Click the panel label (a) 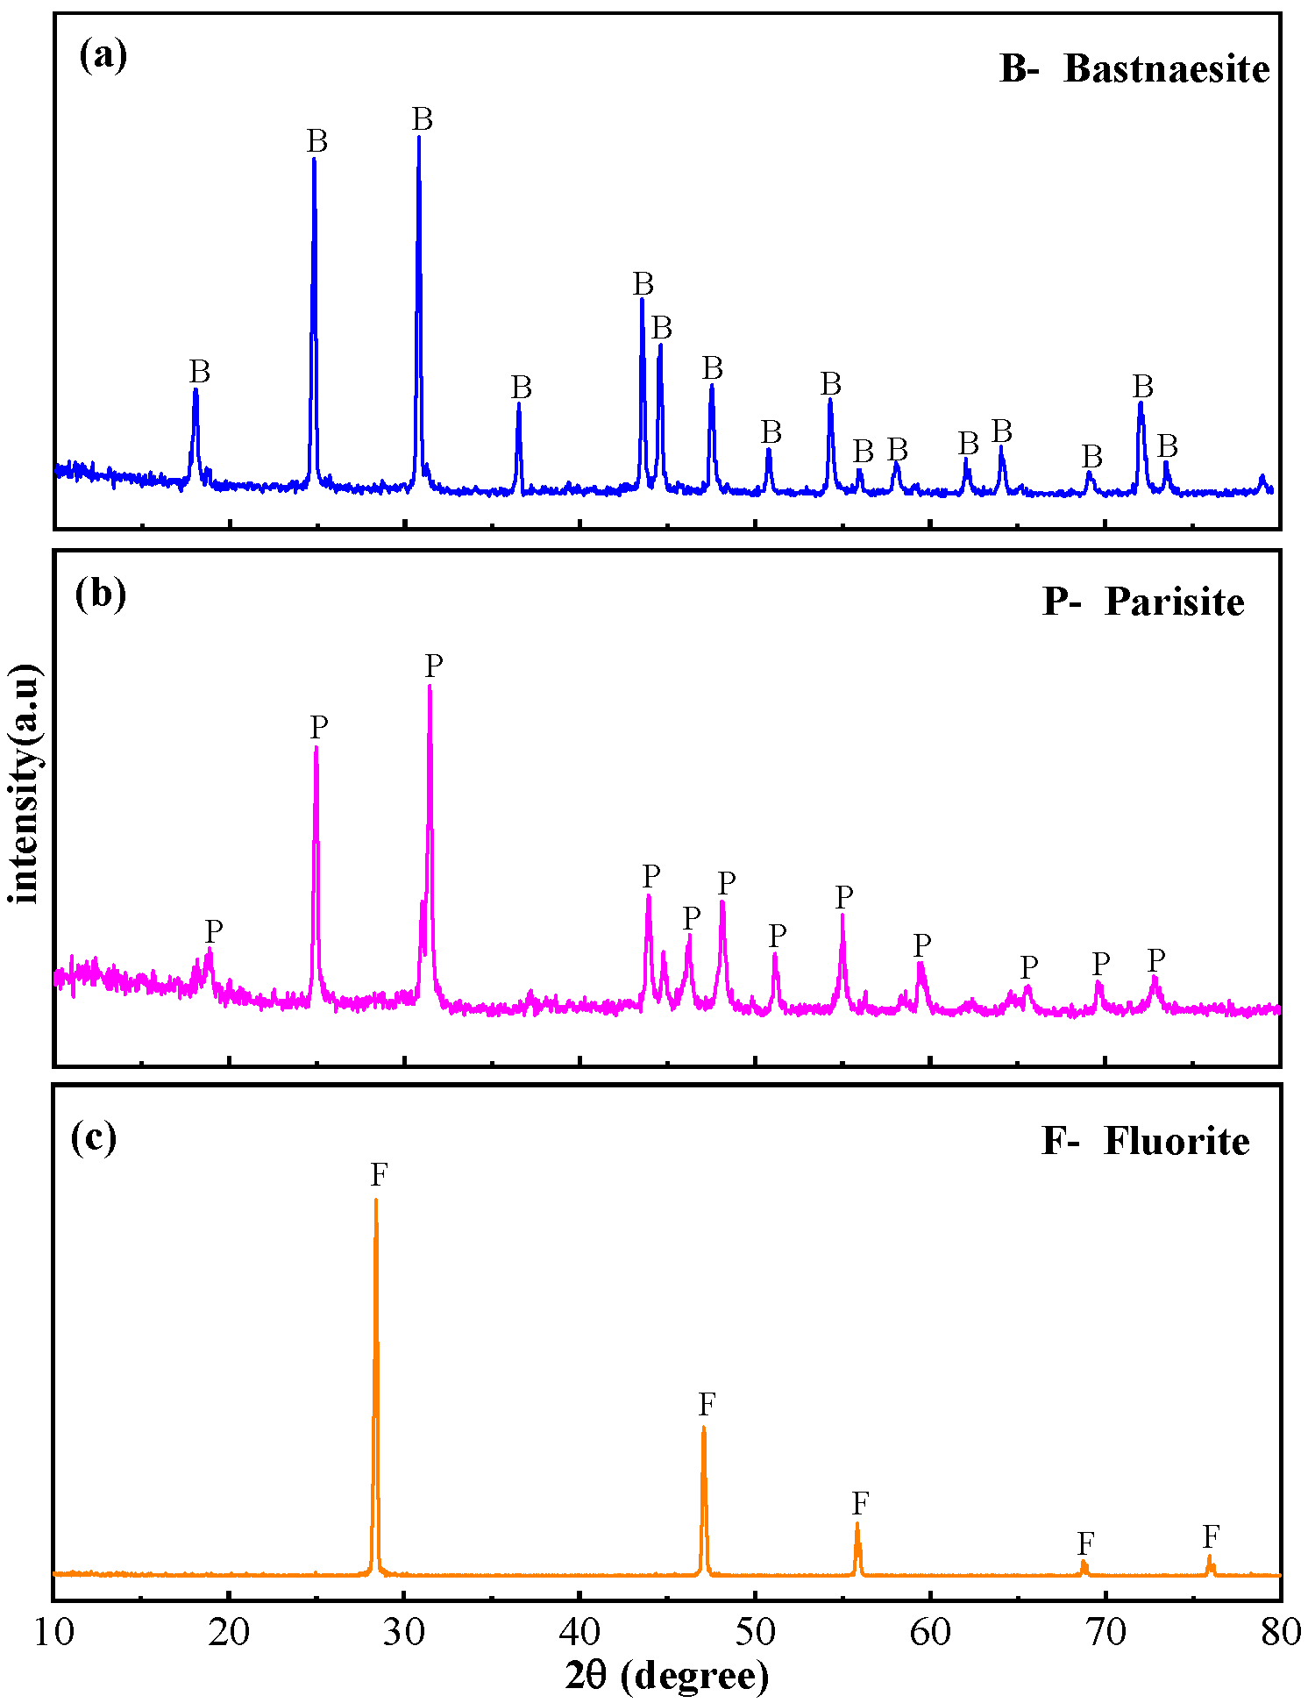click(x=103, y=56)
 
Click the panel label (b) click(x=100, y=594)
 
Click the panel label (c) click(x=93, y=1137)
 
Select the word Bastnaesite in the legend click(x=1166, y=69)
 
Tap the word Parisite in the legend click(x=1174, y=602)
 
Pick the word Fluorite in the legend click(x=1176, y=1142)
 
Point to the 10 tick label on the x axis click(x=54, y=1631)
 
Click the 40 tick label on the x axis click(x=579, y=1631)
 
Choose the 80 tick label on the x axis click(x=1280, y=1631)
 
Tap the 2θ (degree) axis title click(x=667, y=1676)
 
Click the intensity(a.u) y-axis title click(x=25, y=783)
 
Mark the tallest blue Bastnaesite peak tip click(x=419, y=138)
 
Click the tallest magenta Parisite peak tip click(x=430, y=687)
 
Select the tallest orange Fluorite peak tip click(x=376, y=1201)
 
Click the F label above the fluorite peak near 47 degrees click(x=707, y=1404)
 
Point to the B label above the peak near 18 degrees click(x=200, y=372)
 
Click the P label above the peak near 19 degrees click(x=214, y=930)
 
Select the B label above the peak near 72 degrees click(x=1142, y=386)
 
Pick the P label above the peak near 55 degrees click(x=843, y=897)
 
